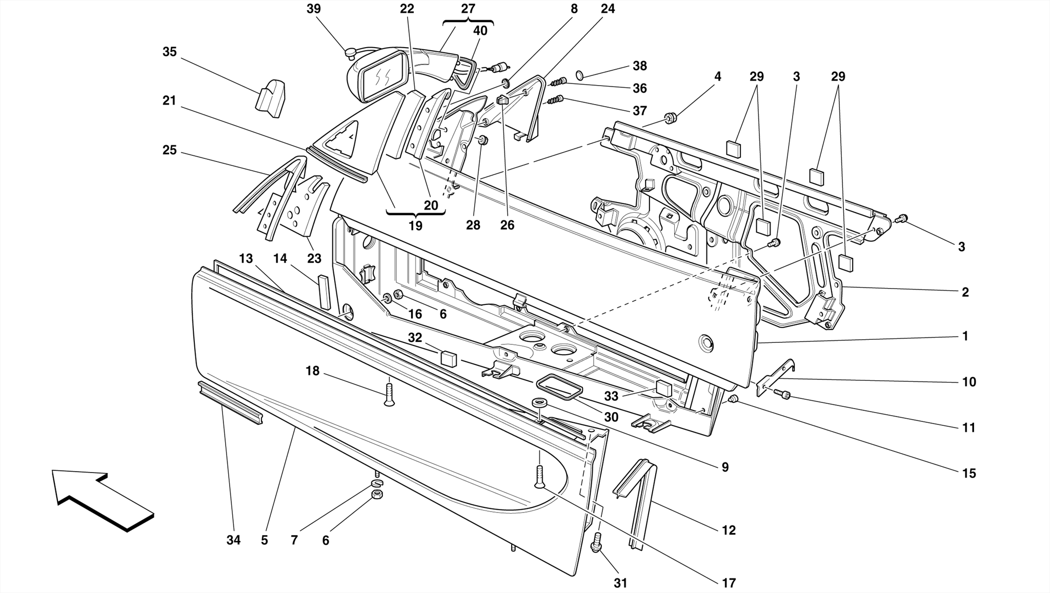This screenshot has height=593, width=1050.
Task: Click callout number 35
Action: tap(170, 52)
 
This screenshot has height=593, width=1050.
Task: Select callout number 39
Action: tap(314, 9)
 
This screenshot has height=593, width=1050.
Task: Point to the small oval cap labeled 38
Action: tap(580, 75)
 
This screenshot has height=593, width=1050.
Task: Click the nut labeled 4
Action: tap(669, 118)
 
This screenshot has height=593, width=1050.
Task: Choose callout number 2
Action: tap(965, 292)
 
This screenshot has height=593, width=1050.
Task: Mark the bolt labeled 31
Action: tap(596, 542)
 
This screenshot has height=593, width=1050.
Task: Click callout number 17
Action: tap(729, 583)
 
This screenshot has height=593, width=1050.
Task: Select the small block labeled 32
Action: tap(449, 357)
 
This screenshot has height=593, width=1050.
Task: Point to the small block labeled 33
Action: tap(663, 389)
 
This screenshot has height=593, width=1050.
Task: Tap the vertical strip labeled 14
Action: tap(325, 293)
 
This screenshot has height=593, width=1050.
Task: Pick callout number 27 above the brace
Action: tap(468, 9)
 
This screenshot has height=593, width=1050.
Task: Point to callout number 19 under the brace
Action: tap(415, 226)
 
